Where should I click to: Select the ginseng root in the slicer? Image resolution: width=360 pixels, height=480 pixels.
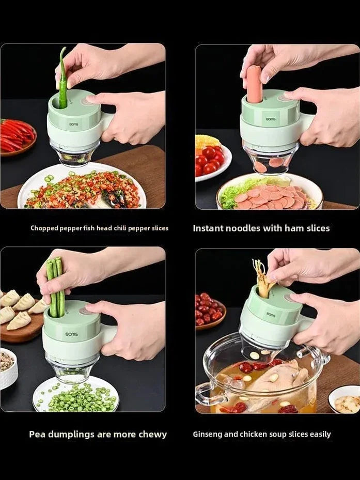tap(263, 278)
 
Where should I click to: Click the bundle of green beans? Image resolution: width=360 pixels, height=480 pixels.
tap(56, 288)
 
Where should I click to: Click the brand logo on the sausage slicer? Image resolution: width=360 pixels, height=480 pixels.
tap(271, 119)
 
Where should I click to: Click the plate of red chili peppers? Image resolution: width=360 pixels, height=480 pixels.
tap(18, 135)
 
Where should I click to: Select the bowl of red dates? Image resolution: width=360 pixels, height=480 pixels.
tap(210, 311)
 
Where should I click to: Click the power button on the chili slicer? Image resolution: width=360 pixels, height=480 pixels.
tap(87, 100)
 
